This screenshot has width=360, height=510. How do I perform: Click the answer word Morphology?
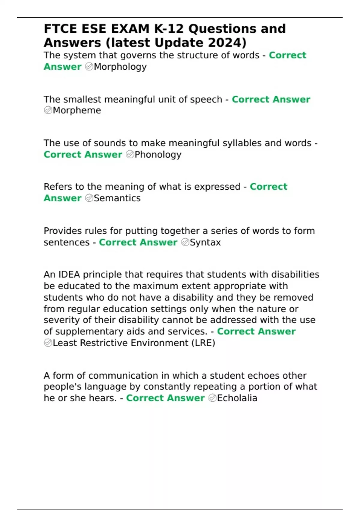pos(120,67)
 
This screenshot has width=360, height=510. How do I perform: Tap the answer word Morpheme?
pos(77,110)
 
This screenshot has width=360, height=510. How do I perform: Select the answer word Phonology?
pos(158,154)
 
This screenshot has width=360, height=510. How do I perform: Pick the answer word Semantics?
pos(117,198)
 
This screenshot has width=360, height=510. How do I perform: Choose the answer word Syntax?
pos(205,242)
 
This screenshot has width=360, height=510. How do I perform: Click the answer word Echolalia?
pos(237,398)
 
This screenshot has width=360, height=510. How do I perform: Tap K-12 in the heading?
pos(169,29)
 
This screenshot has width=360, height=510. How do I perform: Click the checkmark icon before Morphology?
pos(89,67)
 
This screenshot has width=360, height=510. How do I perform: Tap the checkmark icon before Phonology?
pos(130,154)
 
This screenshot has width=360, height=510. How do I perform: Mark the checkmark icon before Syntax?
pos(185,242)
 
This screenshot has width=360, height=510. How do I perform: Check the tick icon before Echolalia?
pos(212,398)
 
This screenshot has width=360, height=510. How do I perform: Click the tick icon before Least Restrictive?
pos(48,343)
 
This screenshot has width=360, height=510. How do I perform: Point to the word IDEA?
pos(69,275)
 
